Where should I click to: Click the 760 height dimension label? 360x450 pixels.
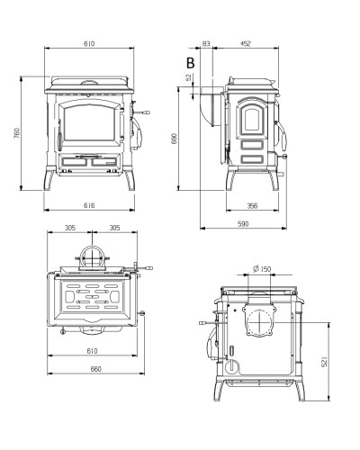17,133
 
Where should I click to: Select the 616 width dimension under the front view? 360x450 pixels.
89,205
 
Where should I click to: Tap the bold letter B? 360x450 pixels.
191,63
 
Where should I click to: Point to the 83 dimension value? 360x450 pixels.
206,44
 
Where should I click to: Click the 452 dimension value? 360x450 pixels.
245,44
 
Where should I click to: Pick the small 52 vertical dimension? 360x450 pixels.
189,77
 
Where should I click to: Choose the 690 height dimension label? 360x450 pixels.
175,139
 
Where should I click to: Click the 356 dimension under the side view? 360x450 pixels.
252,206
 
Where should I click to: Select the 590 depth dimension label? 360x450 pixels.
243,224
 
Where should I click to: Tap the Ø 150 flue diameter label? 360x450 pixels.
262,269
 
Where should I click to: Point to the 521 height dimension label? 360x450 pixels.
324,362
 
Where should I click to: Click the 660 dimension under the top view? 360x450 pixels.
96,369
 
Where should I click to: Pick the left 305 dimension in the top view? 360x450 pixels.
70,228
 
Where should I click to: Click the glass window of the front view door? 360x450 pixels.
89,123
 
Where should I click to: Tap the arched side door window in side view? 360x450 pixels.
252,120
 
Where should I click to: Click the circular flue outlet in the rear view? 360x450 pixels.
258,321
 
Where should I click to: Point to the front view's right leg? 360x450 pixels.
130,180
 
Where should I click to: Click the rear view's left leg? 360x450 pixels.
219,390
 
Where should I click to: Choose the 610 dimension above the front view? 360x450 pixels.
89,44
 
